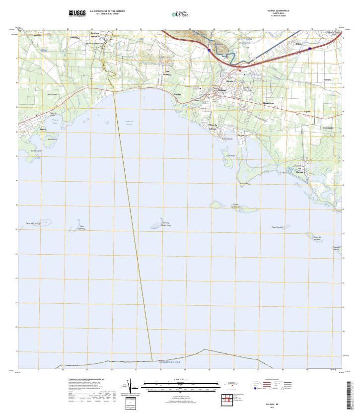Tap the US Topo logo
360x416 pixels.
pos(180,14)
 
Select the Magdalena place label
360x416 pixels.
pos(268,103)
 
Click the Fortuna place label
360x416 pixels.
pos(327,79)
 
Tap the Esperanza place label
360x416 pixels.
pos(328,128)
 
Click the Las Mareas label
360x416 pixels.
pos(299,169)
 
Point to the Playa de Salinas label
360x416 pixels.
pos(213,126)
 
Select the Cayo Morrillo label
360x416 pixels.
pos(277,227)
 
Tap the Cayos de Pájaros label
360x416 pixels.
pos(317,238)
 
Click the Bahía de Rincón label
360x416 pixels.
pos(129,123)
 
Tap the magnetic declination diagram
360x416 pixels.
pos(130,387)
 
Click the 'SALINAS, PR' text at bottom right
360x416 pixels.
pos(269,405)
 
